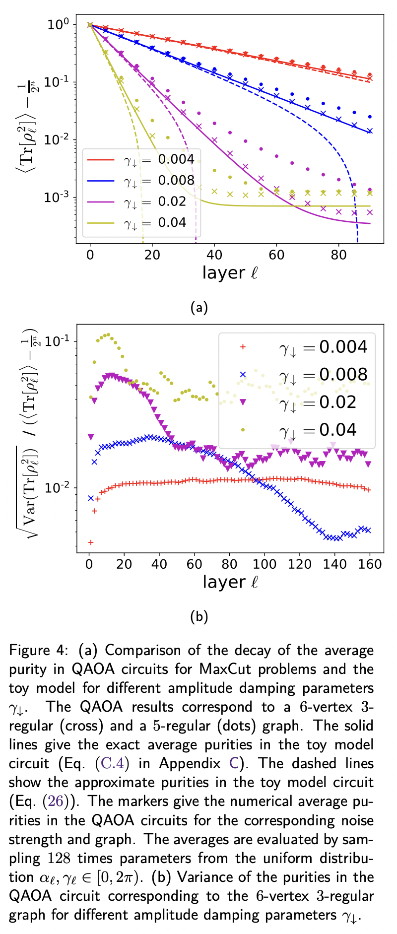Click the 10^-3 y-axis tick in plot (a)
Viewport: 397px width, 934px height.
click(57, 198)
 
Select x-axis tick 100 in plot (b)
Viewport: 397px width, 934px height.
click(265, 564)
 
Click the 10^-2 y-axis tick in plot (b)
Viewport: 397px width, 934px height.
click(57, 488)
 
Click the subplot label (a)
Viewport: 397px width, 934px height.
click(199, 308)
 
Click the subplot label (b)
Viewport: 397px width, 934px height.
click(199, 617)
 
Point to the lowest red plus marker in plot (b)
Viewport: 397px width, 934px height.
click(91, 542)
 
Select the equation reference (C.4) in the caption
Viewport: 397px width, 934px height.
click(112, 764)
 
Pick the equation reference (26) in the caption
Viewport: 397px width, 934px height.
click(69, 801)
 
